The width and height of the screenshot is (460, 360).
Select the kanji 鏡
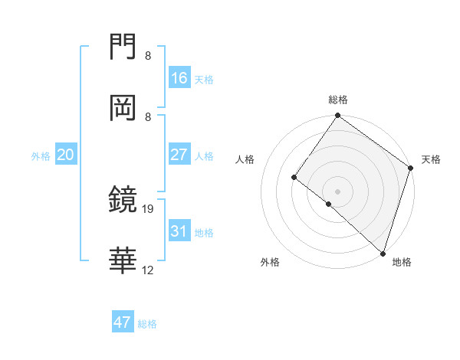tap(123, 200)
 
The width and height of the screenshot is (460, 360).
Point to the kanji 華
tap(123, 261)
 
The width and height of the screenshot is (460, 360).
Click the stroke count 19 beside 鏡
tap(148, 208)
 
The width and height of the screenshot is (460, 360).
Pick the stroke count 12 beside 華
tap(148, 270)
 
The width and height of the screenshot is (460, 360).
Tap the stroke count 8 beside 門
tap(148, 55)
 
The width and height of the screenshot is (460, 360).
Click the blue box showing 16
tap(179, 78)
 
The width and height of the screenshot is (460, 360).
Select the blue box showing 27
tap(179, 155)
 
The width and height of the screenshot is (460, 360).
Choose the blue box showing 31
tap(179, 231)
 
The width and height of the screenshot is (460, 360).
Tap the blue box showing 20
tap(66, 155)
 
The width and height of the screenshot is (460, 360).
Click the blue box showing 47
tap(123, 322)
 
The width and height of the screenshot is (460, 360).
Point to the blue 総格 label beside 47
tap(148, 324)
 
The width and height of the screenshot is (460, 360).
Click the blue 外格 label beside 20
tap(41, 156)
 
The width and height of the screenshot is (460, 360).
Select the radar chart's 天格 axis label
tap(432, 159)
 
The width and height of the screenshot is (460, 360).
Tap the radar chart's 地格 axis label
tap(402, 262)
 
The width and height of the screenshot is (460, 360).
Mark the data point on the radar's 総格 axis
tap(337, 116)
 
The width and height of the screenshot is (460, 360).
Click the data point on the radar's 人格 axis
tap(294, 177)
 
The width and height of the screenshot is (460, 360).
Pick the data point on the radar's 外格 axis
tap(328, 204)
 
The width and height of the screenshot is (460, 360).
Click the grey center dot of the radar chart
tap(337, 191)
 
